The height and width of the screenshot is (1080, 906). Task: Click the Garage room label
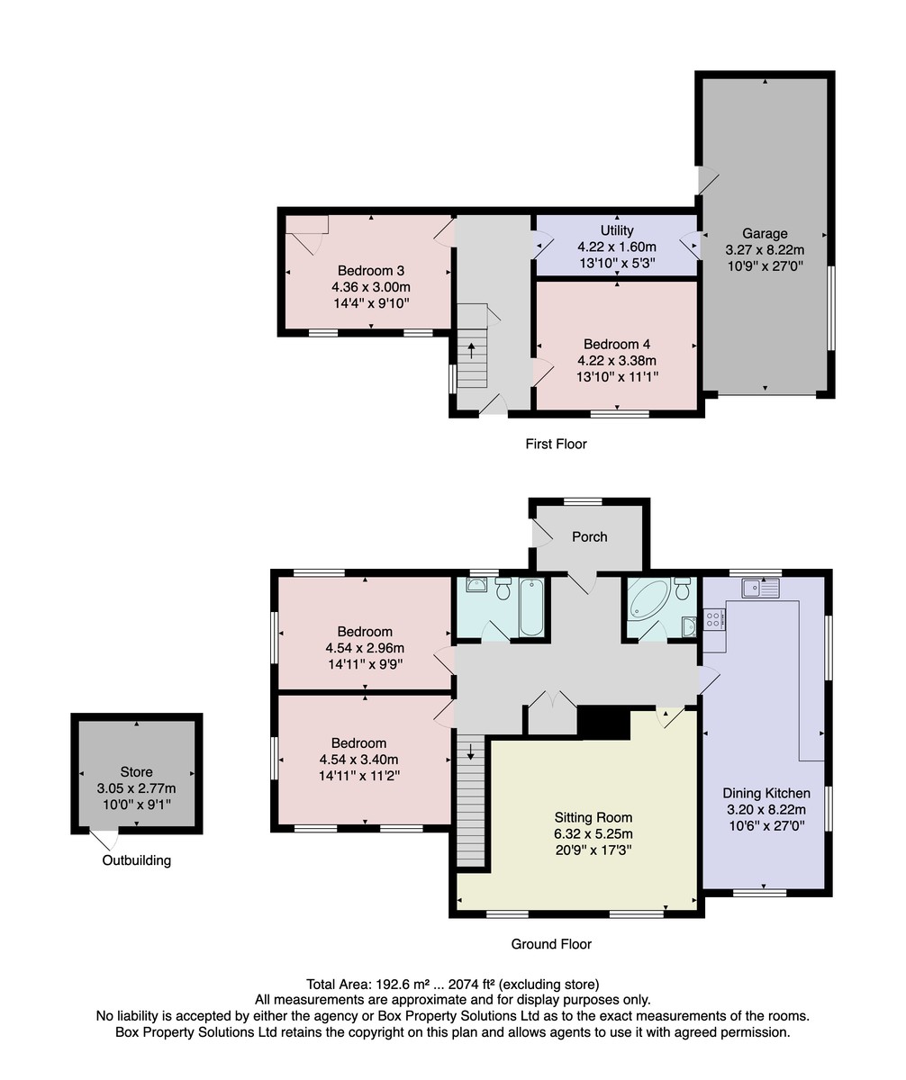(x=765, y=234)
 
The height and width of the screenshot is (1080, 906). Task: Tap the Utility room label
(x=617, y=230)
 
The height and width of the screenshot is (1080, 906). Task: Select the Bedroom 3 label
(x=371, y=271)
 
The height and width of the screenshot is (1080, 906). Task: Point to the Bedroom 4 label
(x=617, y=344)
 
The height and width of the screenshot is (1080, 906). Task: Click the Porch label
(x=589, y=537)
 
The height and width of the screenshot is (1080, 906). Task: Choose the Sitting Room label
(x=593, y=817)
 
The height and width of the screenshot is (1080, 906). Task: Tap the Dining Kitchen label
(x=766, y=793)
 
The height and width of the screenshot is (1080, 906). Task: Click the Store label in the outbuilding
(x=136, y=771)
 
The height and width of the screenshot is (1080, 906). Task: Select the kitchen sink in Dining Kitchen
(x=760, y=588)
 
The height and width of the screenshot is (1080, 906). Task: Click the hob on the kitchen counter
(x=714, y=619)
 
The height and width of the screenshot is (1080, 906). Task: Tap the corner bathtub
(x=648, y=599)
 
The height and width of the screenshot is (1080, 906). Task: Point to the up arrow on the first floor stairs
(x=471, y=350)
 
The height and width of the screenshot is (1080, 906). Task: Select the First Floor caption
(x=556, y=444)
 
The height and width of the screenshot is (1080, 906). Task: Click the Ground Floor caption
(x=551, y=944)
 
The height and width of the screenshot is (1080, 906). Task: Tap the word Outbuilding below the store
(x=136, y=860)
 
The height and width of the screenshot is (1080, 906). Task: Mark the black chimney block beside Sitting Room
(x=603, y=722)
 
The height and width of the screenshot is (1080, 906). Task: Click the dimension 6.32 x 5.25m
(x=593, y=833)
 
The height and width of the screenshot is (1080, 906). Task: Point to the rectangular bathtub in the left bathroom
(x=530, y=607)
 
